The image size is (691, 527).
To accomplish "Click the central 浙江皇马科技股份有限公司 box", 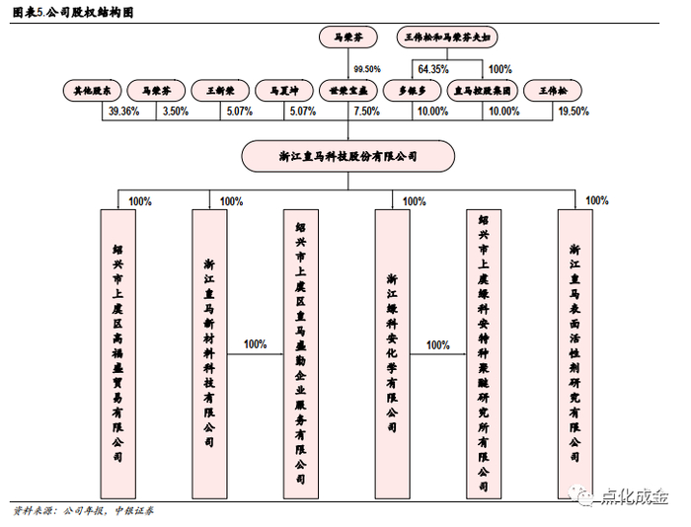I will [x=348, y=155].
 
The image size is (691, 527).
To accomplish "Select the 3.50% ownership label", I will [x=175, y=112].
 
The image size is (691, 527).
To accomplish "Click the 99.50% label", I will [x=366, y=69].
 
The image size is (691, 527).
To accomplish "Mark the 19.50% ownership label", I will [x=574, y=112].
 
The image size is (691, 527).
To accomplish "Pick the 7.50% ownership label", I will [x=365, y=112].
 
